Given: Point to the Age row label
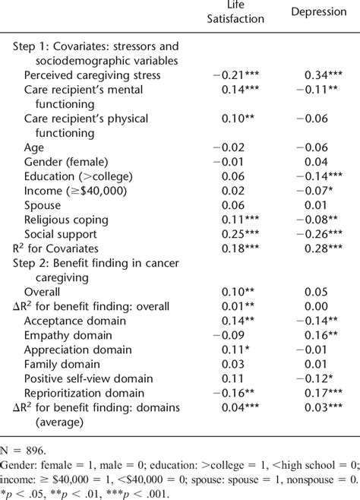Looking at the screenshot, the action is (34, 147).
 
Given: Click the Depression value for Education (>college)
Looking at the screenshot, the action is (320, 176).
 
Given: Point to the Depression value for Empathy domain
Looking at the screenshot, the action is (323, 335).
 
